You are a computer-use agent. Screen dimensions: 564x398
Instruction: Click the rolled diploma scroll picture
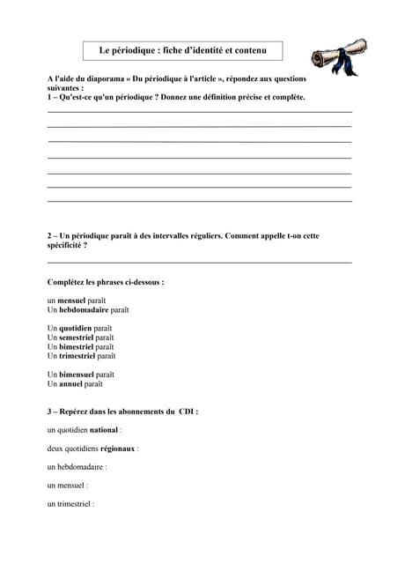click(338, 56)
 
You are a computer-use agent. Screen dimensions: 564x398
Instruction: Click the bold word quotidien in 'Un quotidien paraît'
click(75, 328)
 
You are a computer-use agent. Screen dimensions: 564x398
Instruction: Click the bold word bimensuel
click(77, 375)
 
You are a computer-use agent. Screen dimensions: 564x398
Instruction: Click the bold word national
click(103, 430)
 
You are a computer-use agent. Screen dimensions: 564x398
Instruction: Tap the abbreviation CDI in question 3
click(186, 412)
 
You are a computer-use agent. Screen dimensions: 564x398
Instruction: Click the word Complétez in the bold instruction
click(66, 282)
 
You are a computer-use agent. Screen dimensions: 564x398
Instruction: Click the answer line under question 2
click(199, 263)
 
